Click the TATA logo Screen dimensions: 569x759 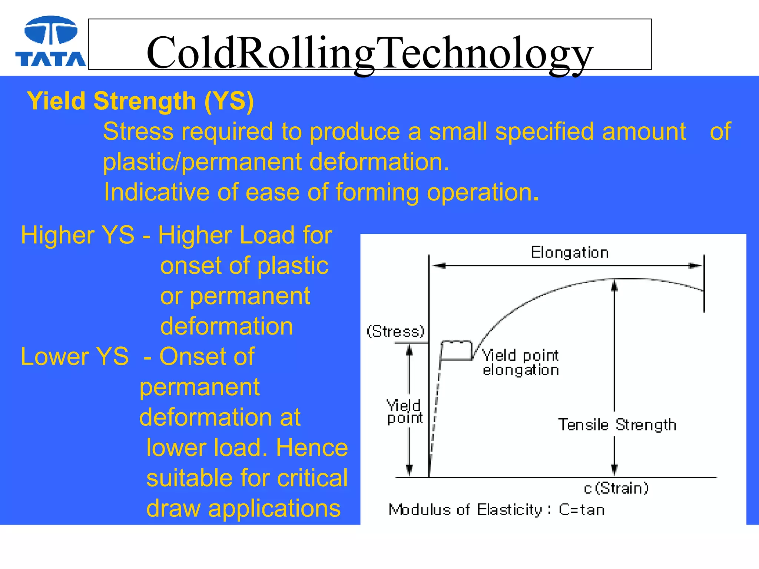tap(50, 41)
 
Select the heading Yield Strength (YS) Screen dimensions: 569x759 tap(140, 101)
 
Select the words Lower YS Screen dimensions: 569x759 tap(74, 356)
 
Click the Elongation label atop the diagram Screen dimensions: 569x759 tap(570, 253)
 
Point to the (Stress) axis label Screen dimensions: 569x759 tap(395, 331)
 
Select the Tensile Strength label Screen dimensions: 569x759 tap(617, 425)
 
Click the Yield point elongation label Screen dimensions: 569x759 tap(520, 363)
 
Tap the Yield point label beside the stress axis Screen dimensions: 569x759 tap(404, 412)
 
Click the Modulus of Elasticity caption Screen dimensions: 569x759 tap(496, 510)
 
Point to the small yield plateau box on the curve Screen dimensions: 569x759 tap(456, 350)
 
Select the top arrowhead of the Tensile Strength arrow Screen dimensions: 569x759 tap(614, 285)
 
